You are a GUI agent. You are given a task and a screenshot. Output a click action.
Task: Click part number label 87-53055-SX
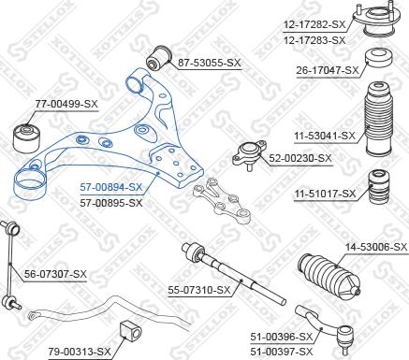[209, 63]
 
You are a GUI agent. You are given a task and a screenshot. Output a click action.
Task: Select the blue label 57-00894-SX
[110, 187]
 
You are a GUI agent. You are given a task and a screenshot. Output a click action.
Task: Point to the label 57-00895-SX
[110, 201]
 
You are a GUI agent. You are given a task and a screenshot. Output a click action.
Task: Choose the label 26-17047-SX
[328, 70]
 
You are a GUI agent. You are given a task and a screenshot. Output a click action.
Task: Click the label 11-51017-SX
[325, 194]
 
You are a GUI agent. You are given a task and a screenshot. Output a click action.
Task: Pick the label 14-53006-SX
[375, 247]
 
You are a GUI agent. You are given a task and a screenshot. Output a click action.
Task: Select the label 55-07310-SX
[198, 290]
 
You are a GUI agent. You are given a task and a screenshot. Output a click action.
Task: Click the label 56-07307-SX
[54, 274]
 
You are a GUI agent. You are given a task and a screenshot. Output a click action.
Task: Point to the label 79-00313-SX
[80, 351]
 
